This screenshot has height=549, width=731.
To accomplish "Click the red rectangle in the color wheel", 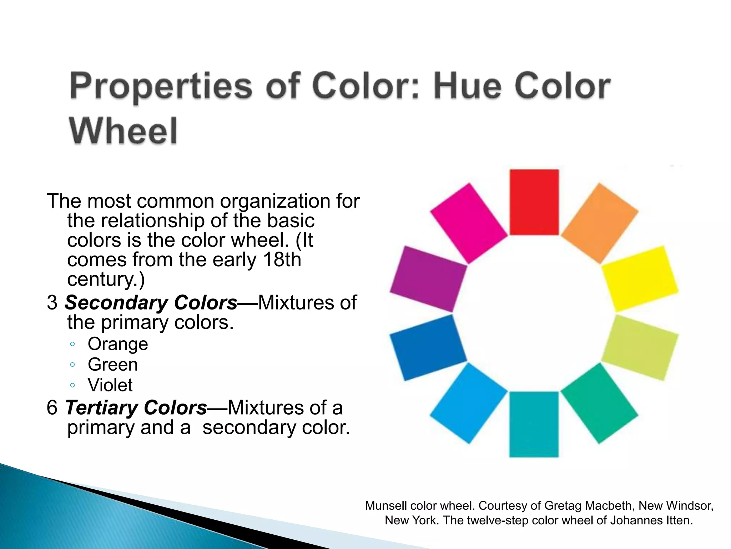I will [x=534, y=202].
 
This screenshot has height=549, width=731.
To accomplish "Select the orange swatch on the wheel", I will [x=600, y=224].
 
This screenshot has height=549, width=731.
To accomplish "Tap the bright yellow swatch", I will [x=640, y=279].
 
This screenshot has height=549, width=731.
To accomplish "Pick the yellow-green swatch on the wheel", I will [x=640, y=347].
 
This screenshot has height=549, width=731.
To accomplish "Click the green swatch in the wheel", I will [x=600, y=403].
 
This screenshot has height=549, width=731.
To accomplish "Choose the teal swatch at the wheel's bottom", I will [x=534, y=424].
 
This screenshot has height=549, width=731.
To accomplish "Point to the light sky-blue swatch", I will [x=468, y=403].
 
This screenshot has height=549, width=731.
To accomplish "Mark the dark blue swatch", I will [x=428, y=347].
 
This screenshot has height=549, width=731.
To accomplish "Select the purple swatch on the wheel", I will [x=428, y=279].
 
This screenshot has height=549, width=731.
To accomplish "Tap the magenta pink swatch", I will [x=468, y=224].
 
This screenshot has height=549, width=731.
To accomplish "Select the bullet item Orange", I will [x=118, y=344].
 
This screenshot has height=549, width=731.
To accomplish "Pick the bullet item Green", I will [x=113, y=365].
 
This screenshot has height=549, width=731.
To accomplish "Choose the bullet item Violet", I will [x=110, y=385].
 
